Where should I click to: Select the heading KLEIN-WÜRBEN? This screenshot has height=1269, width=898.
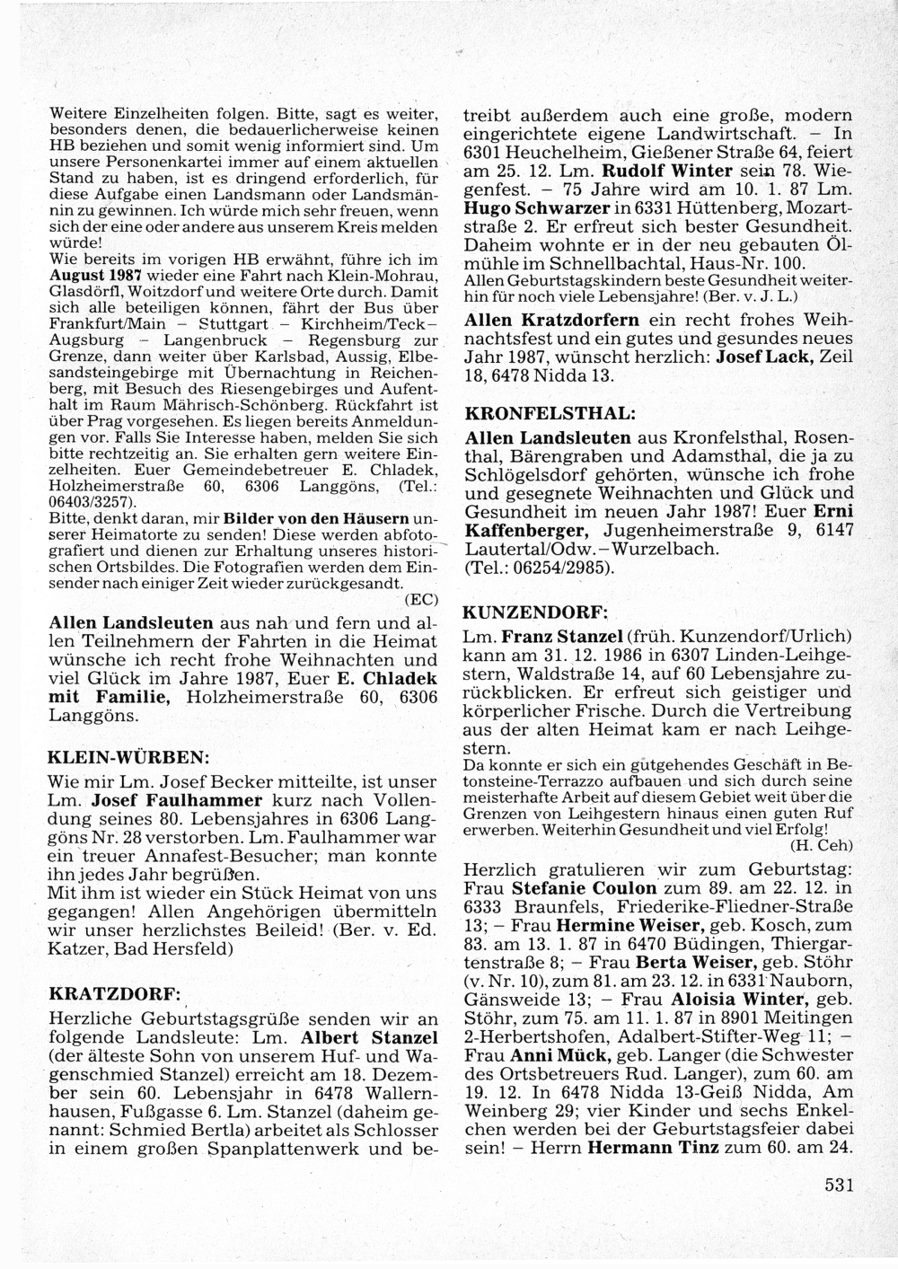pyautogui.click(x=128, y=755)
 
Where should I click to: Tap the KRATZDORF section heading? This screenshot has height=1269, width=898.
pyautogui.click(x=114, y=994)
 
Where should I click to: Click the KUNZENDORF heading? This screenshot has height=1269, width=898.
pyautogui.click(x=535, y=612)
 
